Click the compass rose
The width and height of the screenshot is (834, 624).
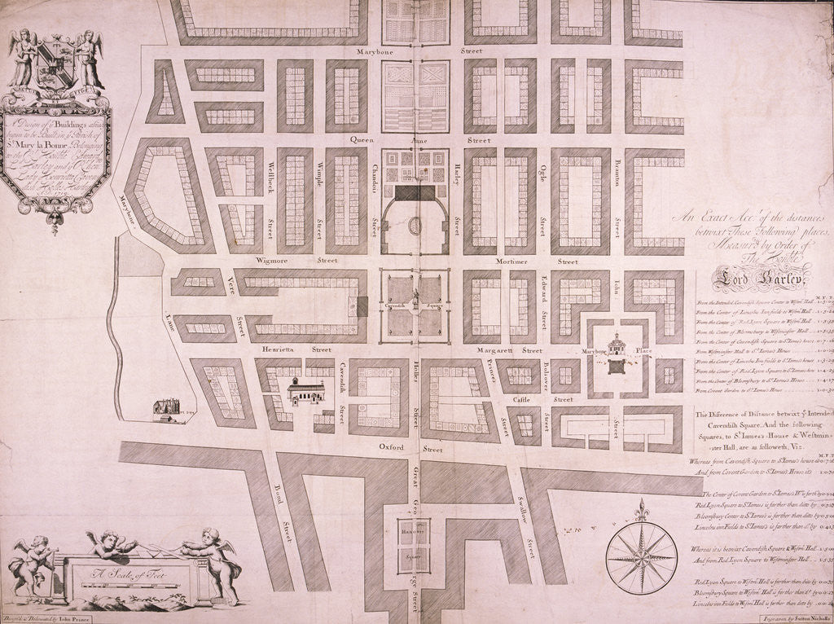641,557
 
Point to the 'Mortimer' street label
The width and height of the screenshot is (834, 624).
512,262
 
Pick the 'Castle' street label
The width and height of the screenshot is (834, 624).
522,399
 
